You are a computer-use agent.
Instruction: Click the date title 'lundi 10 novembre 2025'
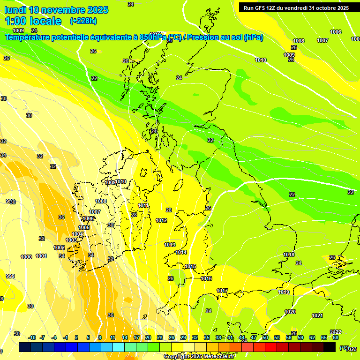coord(56,10)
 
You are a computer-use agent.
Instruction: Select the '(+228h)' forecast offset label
coord(83,21)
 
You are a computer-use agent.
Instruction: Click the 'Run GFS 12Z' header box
coord(294,8)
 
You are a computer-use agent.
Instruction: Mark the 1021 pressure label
coord(317,315)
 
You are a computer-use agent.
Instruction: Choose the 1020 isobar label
coord(290,312)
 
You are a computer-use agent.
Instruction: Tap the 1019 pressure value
coord(284,292)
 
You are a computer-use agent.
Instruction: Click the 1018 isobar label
coord(289,255)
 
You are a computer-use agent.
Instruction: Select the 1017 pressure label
coord(222,291)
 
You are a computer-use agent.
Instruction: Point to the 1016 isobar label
coord(206,278)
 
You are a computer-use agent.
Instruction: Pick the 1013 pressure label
coord(170,245)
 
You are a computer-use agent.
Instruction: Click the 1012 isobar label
coord(161,220)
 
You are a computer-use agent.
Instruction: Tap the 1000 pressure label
coord(26,257)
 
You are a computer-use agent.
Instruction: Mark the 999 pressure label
coord(10,276)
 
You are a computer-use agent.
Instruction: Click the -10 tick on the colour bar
coord(32,337)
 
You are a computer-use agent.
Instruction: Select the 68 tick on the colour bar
coord(335,337)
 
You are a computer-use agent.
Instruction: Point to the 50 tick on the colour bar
coord(265,337)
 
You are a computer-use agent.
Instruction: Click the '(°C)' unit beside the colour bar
coord(345,348)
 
